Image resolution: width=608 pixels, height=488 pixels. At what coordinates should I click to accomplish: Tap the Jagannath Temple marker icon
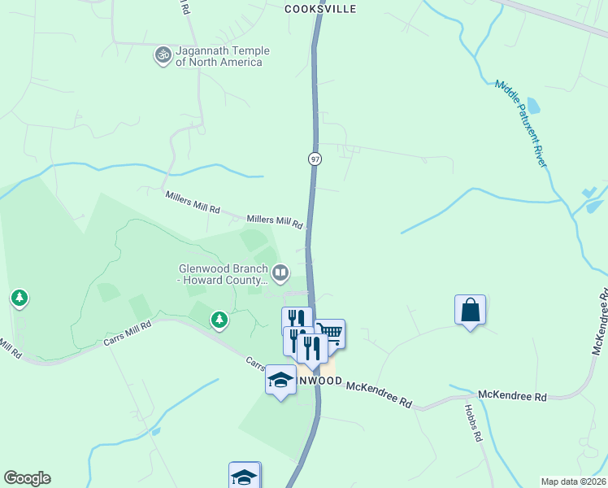(x=163, y=55)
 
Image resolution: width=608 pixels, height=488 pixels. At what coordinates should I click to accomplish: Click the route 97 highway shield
(x=315, y=159)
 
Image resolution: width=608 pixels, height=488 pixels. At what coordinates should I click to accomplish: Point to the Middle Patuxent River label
(x=521, y=124)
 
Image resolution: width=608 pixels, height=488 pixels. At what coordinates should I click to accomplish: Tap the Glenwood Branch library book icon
(x=281, y=272)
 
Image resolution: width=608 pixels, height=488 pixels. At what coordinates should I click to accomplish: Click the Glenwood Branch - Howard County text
(x=224, y=274)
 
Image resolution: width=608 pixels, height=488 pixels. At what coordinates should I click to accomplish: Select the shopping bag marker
(x=470, y=310)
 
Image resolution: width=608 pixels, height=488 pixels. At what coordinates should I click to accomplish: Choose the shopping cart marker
(x=329, y=333)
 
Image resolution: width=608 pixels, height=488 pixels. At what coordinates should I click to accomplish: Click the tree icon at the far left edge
(x=20, y=298)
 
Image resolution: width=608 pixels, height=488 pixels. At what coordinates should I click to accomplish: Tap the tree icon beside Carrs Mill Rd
(x=219, y=320)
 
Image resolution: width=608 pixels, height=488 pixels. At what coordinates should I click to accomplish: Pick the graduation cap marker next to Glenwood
(x=280, y=381)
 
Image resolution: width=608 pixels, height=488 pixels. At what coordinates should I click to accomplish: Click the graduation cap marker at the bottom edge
(x=244, y=476)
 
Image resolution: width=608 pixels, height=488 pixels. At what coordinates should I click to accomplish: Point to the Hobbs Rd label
(x=473, y=424)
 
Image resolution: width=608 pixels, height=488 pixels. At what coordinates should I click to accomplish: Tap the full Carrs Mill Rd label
(x=128, y=333)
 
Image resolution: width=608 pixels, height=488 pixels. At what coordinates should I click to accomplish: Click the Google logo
(x=27, y=478)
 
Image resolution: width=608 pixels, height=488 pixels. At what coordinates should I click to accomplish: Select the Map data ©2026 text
(x=573, y=481)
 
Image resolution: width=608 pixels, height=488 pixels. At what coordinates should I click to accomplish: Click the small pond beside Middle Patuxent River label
(x=533, y=106)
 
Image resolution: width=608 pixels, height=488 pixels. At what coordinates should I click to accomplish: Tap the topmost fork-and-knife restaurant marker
(x=296, y=319)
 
